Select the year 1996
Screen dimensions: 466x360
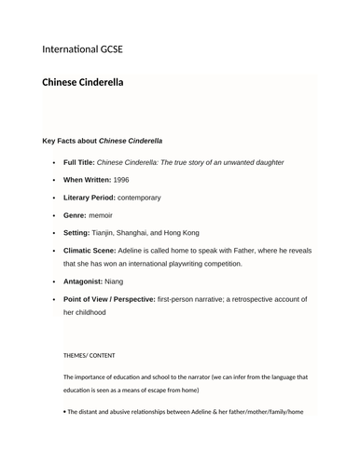point(127,179)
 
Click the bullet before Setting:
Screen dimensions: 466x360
point(54,233)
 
